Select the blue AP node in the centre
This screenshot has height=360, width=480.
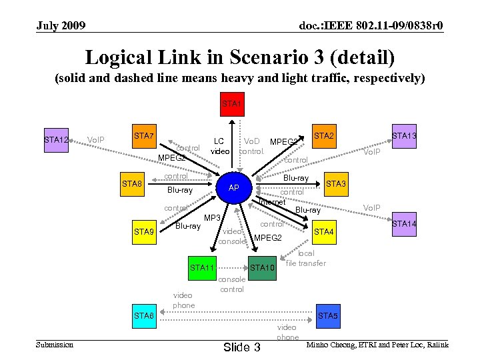233,188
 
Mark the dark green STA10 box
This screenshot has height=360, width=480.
263,267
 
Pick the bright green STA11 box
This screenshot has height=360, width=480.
202,267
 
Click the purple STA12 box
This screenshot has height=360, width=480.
56,141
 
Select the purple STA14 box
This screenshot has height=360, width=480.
404,224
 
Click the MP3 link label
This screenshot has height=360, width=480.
212,218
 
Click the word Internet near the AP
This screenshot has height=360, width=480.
271,202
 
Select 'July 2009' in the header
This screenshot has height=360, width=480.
61,26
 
